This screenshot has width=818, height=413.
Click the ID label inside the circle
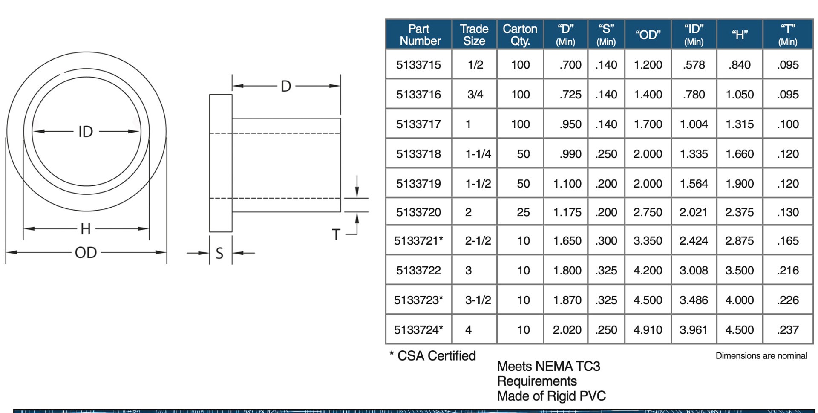click(x=86, y=132)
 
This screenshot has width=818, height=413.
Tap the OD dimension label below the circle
click(x=86, y=253)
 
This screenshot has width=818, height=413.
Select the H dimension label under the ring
click(x=86, y=229)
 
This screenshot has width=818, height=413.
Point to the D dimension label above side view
click(x=286, y=87)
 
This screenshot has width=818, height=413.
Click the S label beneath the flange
click(x=219, y=253)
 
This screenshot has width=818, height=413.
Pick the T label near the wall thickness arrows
click(x=336, y=234)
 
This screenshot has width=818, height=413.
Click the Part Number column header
click(x=419, y=35)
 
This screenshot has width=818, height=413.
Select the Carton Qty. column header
click(x=520, y=35)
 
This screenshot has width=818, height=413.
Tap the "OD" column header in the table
click(x=648, y=35)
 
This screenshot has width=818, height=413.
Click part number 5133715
click(x=418, y=65)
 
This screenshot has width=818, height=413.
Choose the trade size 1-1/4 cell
click(x=478, y=154)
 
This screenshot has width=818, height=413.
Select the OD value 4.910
click(x=648, y=330)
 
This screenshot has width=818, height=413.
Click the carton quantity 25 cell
click(x=523, y=212)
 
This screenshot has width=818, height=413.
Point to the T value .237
click(x=788, y=330)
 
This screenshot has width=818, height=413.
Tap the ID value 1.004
click(x=694, y=124)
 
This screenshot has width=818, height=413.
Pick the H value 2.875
click(x=740, y=241)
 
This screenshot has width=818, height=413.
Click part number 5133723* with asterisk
click(x=418, y=300)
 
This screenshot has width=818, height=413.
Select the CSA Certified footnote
click(x=432, y=356)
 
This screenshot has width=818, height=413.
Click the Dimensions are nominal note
click(x=761, y=356)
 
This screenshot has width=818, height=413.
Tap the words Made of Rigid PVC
click(x=551, y=396)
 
